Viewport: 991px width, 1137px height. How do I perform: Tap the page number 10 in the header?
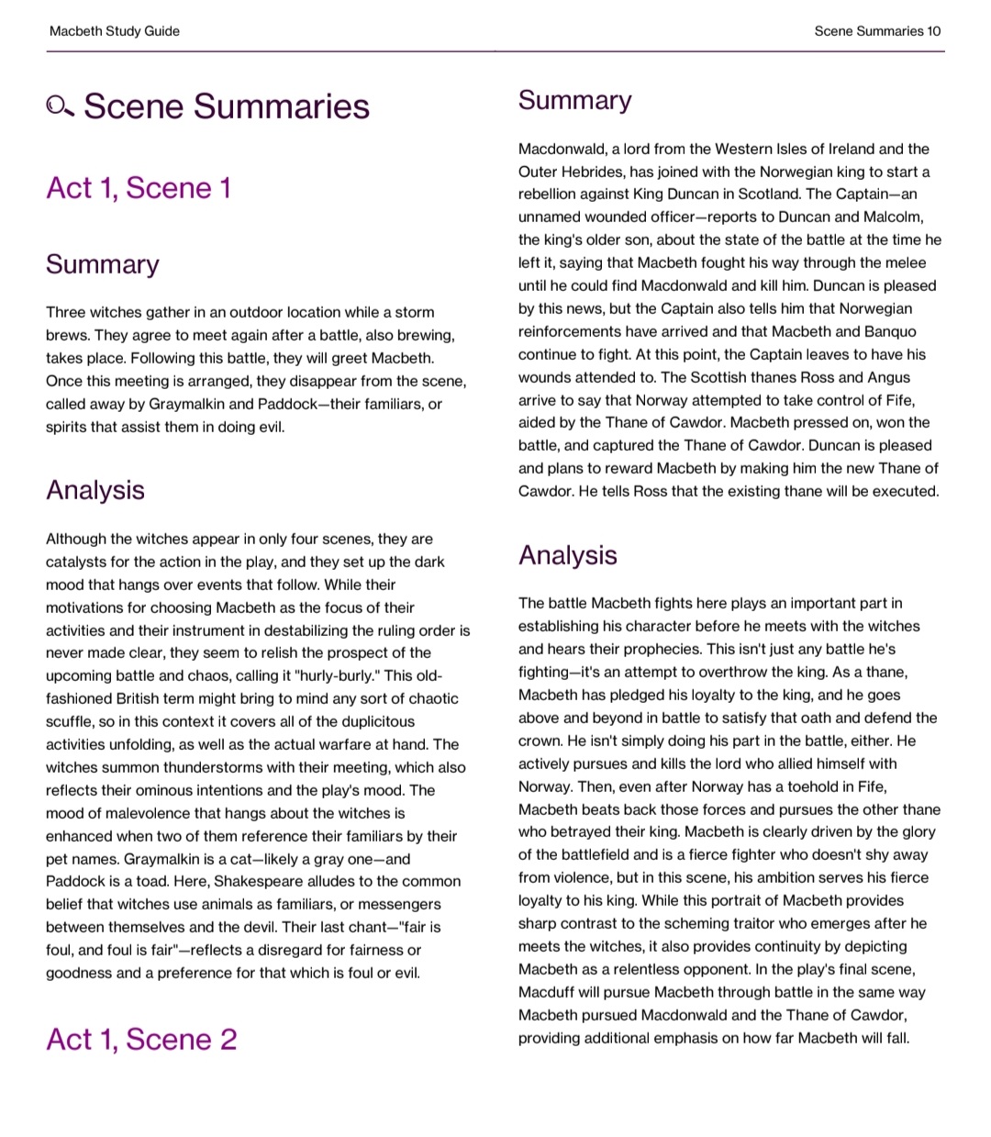pos(933,31)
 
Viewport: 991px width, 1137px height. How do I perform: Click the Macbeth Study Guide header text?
pos(115,31)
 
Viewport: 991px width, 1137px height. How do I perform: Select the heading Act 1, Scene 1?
pos(139,188)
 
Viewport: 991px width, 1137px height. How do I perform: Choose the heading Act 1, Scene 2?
pos(141,1040)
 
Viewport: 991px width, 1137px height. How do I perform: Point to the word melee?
pos(905,262)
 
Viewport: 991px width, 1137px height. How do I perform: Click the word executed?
pos(908,491)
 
